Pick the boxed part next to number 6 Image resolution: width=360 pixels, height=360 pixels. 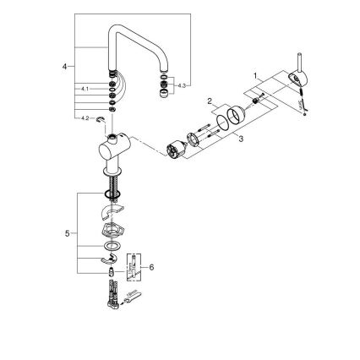(x=134, y=264)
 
